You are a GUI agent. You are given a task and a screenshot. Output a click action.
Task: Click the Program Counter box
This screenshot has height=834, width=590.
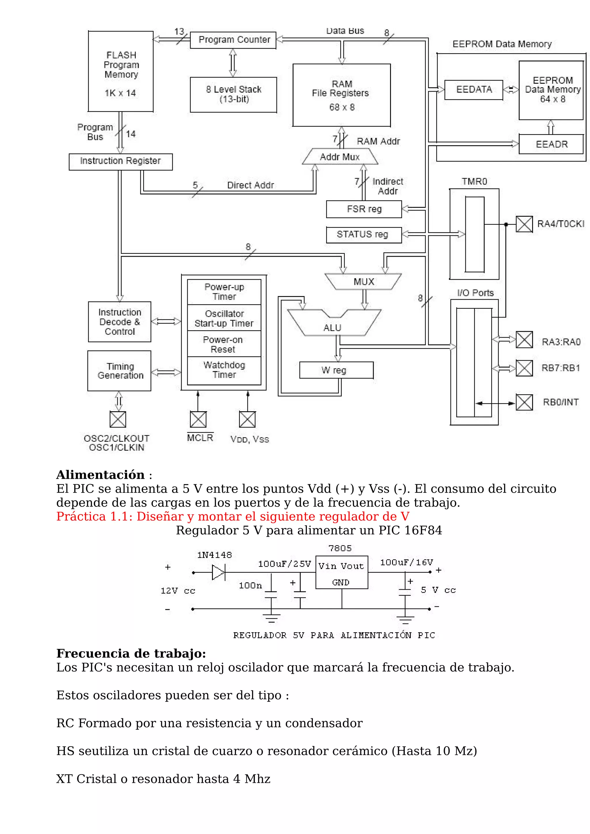click(x=233, y=40)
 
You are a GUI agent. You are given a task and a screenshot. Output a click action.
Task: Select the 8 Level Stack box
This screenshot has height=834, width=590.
click(x=233, y=94)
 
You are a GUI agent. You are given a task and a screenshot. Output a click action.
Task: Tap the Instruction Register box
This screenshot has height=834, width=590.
click(x=121, y=162)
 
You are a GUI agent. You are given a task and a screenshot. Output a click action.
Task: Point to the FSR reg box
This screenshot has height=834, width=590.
click(x=364, y=209)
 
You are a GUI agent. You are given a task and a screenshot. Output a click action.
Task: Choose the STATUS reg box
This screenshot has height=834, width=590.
click(x=364, y=235)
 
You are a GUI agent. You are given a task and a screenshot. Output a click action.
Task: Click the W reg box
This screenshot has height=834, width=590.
click(x=336, y=370)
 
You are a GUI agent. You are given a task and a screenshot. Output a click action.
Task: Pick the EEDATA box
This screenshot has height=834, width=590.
click(x=474, y=90)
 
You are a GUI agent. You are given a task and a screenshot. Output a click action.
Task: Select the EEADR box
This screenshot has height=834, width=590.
click(x=551, y=144)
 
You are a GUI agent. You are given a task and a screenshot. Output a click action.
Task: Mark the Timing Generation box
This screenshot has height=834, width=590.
click(x=119, y=371)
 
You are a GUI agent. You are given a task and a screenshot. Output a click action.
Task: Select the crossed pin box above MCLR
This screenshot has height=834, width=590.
click(x=198, y=420)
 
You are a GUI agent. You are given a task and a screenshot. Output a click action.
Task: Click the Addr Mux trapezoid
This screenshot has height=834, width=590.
click(x=340, y=157)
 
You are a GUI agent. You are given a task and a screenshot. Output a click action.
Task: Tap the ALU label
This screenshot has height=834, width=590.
click(x=332, y=327)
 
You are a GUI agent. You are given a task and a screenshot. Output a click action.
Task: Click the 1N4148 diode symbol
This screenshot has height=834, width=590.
click(x=218, y=573)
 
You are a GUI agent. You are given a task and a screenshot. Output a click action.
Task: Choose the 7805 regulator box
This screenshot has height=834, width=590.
click(x=341, y=572)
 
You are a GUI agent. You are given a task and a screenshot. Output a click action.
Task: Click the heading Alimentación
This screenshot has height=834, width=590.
click(x=100, y=475)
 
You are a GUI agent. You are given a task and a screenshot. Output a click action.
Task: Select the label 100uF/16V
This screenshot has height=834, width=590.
click(x=406, y=563)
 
